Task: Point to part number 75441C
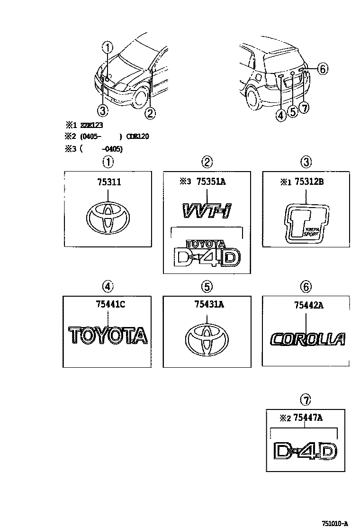coord(109,305)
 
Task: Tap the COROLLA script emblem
coord(306,339)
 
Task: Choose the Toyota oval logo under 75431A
coord(207,340)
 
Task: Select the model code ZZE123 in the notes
coord(90,126)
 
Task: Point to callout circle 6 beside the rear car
coord(322,69)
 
